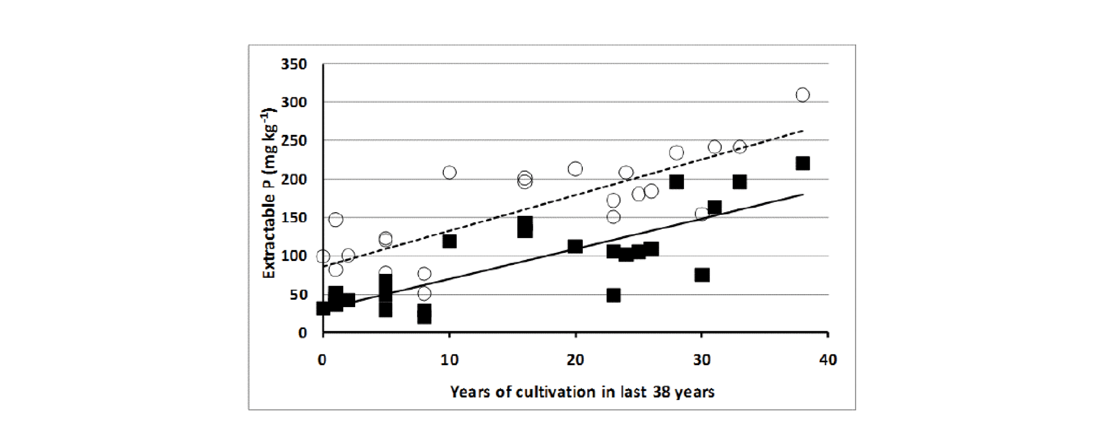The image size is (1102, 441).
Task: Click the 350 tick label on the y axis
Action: (294, 65)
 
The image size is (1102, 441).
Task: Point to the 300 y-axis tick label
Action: (294, 102)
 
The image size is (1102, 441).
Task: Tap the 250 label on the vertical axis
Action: (294, 141)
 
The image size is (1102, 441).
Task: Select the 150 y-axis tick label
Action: (294, 218)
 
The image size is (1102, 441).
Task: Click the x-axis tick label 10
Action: (449, 360)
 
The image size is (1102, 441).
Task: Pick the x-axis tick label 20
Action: (575, 360)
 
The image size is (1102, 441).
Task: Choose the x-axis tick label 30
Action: (702, 360)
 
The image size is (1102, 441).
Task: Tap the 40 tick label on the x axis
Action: (828, 360)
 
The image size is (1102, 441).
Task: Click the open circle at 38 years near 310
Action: (802, 95)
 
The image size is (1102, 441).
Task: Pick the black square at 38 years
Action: (802, 164)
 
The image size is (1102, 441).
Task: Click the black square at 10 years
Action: (449, 241)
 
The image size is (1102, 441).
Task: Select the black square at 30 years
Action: (702, 275)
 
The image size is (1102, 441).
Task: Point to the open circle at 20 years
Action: (575, 169)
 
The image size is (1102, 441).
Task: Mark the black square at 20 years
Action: (575, 247)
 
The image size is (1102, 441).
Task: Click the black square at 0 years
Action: (323, 308)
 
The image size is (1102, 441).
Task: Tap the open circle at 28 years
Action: (676, 153)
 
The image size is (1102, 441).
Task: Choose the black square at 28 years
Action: (676, 182)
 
